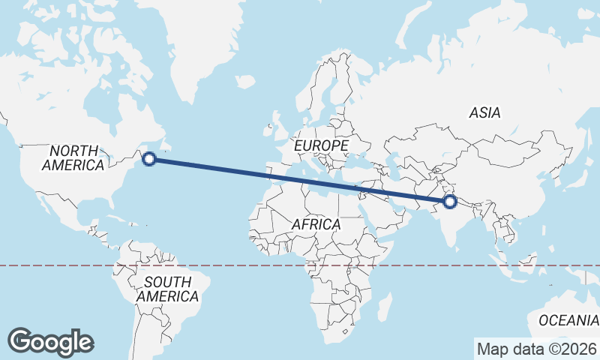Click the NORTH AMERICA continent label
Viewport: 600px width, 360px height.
tap(73, 157)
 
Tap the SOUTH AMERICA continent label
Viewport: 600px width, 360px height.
tap(167, 289)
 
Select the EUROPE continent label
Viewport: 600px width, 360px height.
tap(321, 144)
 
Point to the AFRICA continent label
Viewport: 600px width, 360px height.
tap(316, 224)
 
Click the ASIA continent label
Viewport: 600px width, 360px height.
tap(484, 112)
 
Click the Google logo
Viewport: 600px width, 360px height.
tap(50, 342)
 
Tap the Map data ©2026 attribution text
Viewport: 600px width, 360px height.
tap(536, 349)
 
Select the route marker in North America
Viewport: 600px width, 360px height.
tap(149, 158)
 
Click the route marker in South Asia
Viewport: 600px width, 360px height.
tap(450, 201)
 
